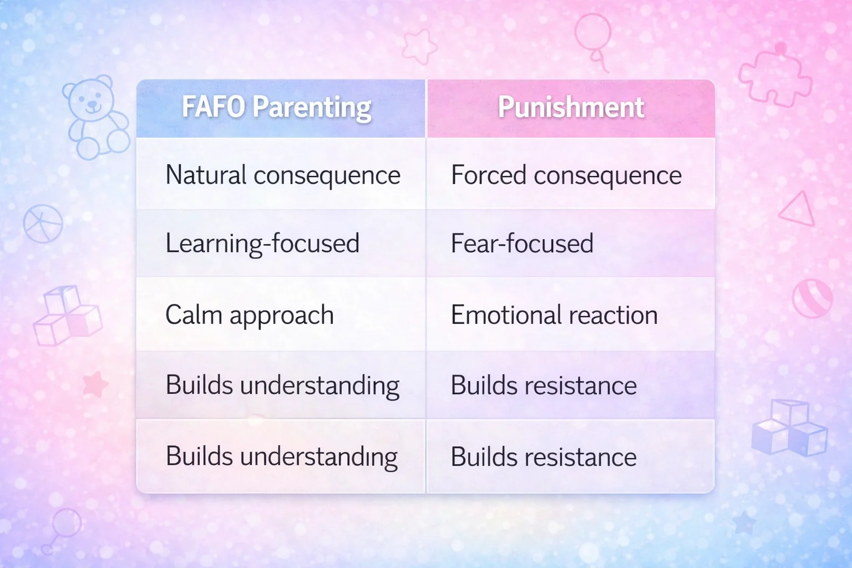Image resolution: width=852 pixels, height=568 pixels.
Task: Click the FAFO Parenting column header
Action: tap(277, 108)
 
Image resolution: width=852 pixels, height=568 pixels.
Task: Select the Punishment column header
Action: tap(571, 108)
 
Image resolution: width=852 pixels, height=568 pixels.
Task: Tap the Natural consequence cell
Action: tap(282, 175)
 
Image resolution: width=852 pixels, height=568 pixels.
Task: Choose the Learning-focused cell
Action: tap(262, 244)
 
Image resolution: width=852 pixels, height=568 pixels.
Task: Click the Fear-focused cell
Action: tap(522, 244)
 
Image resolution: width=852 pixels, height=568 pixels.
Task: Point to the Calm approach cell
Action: tap(250, 315)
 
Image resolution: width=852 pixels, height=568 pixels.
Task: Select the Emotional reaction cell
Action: tap(554, 315)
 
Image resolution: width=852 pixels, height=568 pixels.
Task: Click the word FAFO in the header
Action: tap(213, 107)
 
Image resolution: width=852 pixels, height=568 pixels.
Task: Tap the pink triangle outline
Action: tap(798, 211)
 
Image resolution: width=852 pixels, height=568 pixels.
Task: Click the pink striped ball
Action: tap(813, 298)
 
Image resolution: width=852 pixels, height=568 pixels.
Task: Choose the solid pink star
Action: tap(95, 384)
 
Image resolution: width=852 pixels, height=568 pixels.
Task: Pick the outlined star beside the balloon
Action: tap(419, 46)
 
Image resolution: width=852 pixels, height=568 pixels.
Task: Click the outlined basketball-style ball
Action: tap(43, 224)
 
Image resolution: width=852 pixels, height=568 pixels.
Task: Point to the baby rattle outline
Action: tap(62, 529)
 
